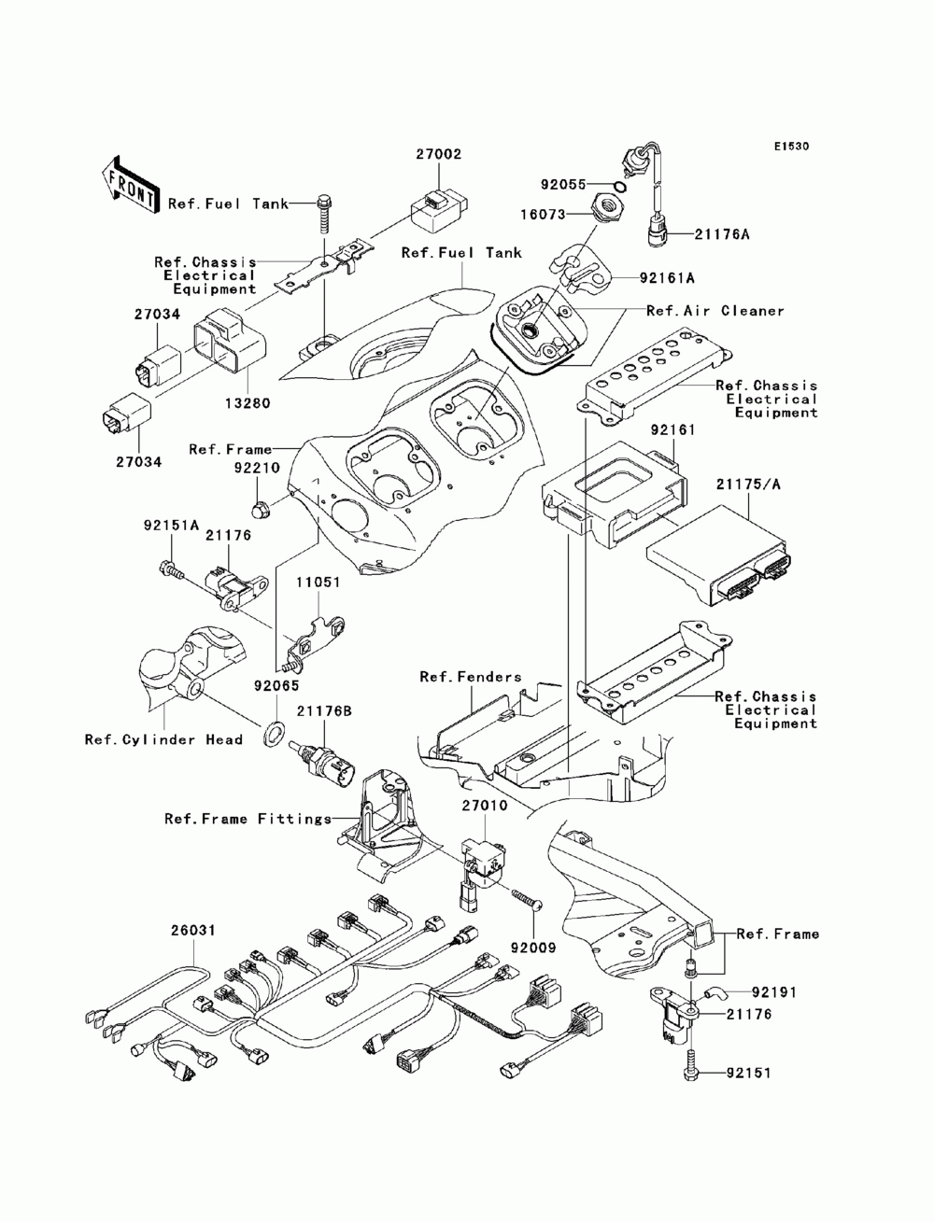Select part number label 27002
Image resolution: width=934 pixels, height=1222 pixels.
[x=439, y=154]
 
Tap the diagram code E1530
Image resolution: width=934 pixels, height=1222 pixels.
[x=791, y=147]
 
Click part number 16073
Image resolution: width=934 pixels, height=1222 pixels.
[x=543, y=215]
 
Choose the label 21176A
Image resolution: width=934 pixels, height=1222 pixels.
[x=721, y=234]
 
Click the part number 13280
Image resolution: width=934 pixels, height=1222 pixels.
[x=248, y=403]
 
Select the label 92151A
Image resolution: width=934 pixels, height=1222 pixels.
[x=171, y=525]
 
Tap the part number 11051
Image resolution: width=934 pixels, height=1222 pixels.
[x=318, y=583]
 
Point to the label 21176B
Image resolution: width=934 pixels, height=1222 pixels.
[x=324, y=711]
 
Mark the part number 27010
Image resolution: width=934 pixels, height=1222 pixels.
[x=484, y=806]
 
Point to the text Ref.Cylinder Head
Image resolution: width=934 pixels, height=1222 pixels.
[x=163, y=740]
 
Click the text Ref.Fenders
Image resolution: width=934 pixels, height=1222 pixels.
[x=471, y=677]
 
